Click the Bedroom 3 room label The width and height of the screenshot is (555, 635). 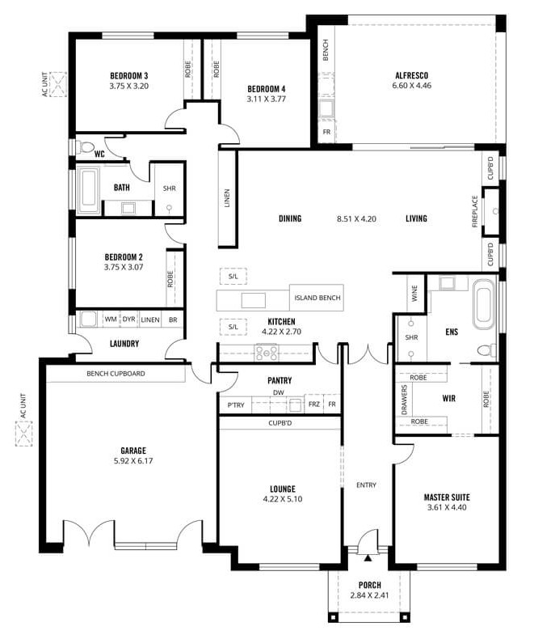coord(129,76)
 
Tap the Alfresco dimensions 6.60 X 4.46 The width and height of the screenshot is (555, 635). coord(411,86)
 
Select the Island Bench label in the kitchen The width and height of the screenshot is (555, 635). coord(317,298)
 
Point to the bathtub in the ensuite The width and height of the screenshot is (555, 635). coord(484,303)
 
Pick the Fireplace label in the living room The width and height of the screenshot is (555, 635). coord(475,211)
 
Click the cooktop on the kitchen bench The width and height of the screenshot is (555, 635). coord(266,352)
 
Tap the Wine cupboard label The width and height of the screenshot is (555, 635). coord(414,293)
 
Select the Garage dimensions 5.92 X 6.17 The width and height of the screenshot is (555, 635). coord(133,461)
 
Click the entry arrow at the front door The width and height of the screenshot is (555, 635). coord(368,558)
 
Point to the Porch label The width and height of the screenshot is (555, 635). coord(370,585)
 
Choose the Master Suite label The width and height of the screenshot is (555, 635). coord(447,497)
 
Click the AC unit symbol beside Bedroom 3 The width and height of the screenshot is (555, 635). coord(58,84)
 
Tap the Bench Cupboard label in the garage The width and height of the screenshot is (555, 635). coord(116,374)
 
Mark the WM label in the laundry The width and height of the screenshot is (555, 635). coord(111,320)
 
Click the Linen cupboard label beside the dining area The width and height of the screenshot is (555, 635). coord(227,198)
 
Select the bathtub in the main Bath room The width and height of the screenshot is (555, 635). coord(89,189)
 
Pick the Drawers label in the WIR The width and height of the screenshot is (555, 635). coord(404,400)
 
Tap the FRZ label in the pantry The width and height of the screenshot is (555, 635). coord(314,404)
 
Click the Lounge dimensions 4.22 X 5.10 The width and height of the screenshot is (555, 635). coord(283,499)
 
